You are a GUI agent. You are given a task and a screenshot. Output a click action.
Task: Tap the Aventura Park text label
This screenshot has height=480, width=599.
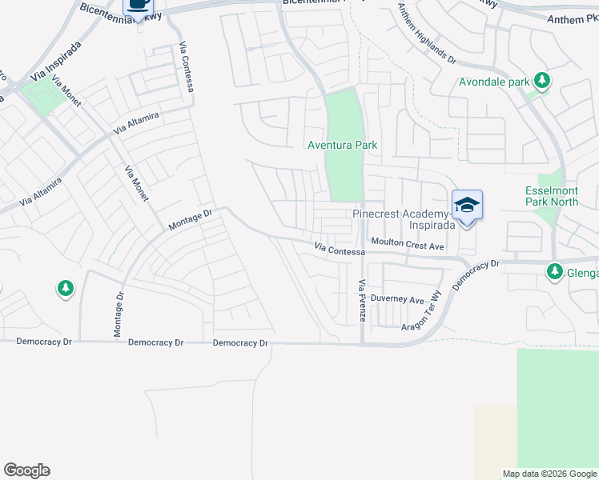[x=343, y=145]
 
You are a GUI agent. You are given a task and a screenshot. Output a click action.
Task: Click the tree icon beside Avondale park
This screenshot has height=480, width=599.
[x=543, y=80]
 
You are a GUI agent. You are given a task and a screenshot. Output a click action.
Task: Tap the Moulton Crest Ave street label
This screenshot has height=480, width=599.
[x=407, y=246]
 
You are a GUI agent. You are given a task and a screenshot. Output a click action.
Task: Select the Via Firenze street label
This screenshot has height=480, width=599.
[x=361, y=301]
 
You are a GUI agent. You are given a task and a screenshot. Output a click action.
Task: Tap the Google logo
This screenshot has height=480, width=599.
[x=26, y=470]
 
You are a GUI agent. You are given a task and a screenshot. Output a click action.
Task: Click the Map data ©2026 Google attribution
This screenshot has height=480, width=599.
[x=549, y=474]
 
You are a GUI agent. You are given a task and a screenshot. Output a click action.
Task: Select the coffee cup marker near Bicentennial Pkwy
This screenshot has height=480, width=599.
[x=137, y=5]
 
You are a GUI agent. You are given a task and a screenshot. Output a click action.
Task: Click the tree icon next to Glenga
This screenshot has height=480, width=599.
[x=554, y=272]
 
